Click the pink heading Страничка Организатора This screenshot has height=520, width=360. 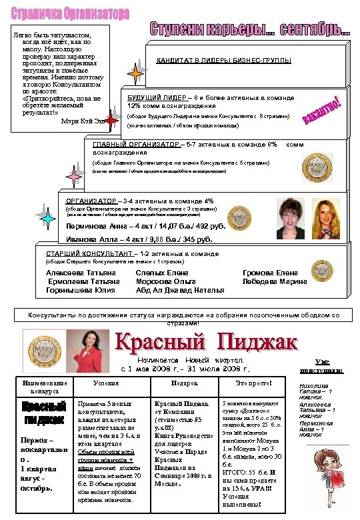tap(67, 14)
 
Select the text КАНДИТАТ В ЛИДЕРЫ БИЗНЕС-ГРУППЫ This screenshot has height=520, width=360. tap(223, 61)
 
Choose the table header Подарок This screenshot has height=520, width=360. tap(184, 383)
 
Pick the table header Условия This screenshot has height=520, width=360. tap(107, 383)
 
